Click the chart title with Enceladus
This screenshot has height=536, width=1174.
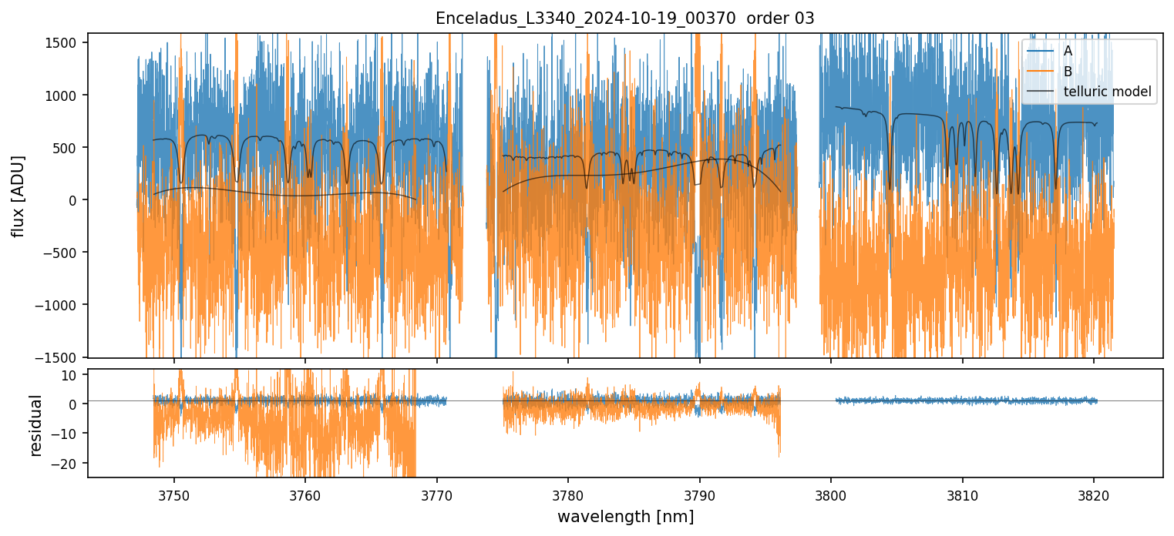tap(624, 18)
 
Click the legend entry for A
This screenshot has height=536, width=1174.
tap(1068, 51)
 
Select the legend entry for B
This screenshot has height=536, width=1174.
tap(1068, 72)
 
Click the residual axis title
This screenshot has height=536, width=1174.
tap(35, 425)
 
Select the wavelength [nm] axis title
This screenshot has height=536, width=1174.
tap(625, 517)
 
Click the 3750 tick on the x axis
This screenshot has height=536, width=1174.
tap(173, 493)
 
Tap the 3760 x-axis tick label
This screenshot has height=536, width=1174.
tap(305, 493)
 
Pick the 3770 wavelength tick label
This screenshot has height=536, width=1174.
tap(436, 493)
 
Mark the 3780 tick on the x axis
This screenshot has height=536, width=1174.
tap(568, 493)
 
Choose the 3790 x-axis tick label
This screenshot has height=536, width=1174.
tap(699, 493)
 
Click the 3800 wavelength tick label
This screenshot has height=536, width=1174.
tap(831, 493)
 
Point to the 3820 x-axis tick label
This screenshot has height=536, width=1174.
tap(1094, 493)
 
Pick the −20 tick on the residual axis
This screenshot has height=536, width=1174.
tap(67, 463)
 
